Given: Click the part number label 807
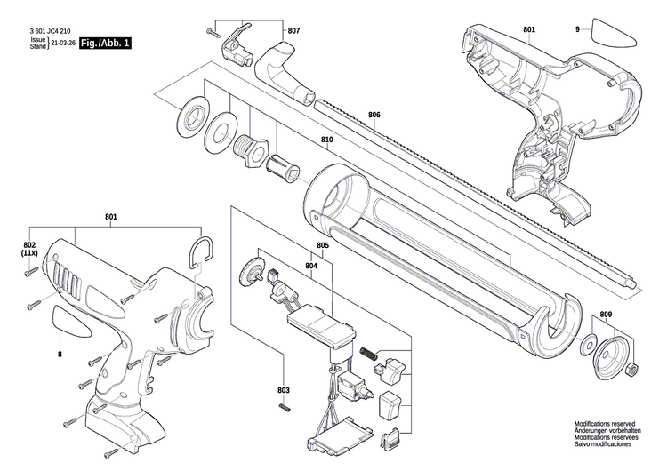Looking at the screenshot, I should point(293,31).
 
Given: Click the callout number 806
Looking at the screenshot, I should point(374,115).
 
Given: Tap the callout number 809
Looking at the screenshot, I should point(606,315).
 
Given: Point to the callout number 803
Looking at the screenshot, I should point(284,391).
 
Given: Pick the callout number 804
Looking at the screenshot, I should point(311,265).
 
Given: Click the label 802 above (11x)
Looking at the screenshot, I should point(29,244).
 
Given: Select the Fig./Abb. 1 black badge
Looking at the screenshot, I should point(104,43).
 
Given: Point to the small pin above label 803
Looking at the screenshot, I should point(284,407).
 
